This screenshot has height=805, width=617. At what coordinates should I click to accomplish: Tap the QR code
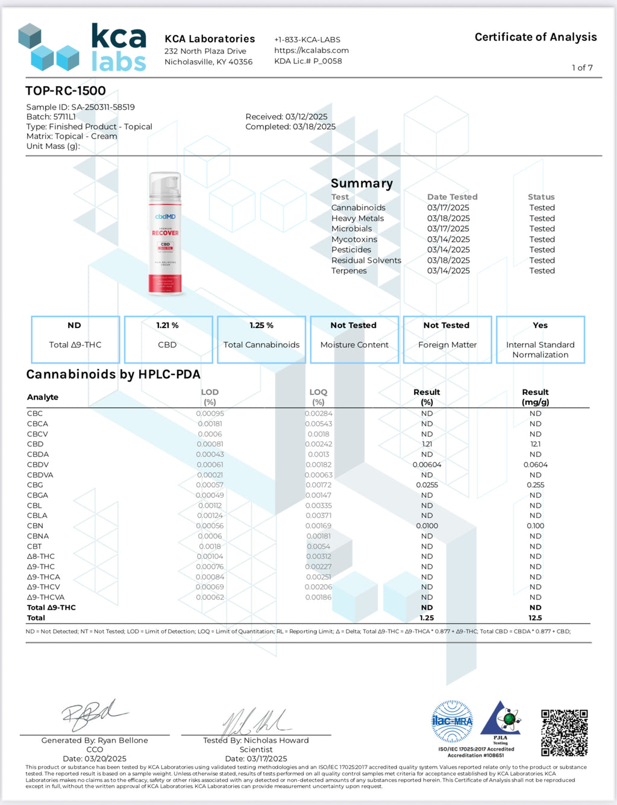pyautogui.click(x=564, y=732)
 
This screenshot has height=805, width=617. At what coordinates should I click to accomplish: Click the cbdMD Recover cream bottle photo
pyautogui.click(x=165, y=233)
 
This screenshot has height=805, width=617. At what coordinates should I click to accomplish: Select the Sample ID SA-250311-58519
pyautogui.click(x=102, y=107)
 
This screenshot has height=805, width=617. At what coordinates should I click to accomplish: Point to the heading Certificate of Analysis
pyautogui.click(x=536, y=37)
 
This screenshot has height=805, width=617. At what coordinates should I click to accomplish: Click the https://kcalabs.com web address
pyautogui.click(x=312, y=50)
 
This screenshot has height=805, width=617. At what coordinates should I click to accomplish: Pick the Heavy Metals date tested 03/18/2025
pyautogui.click(x=448, y=218)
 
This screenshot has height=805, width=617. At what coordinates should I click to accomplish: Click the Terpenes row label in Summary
pyautogui.click(x=349, y=271)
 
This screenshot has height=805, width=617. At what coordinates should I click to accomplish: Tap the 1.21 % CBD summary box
pyautogui.click(x=168, y=339)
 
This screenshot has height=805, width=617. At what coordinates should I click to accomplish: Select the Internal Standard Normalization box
pyautogui.click(x=540, y=339)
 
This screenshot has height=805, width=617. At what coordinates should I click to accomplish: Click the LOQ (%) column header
pyautogui.click(x=318, y=397)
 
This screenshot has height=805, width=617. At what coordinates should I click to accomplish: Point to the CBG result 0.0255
pyautogui.click(x=427, y=485)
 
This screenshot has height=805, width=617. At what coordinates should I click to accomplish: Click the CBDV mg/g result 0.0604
pyautogui.click(x=535, y=465)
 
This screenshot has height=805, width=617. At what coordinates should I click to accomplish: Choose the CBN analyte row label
pyautogui.click(x=35, y=526)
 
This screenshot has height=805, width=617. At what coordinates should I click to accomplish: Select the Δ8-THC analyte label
pyautogui.click(x=41, y=557)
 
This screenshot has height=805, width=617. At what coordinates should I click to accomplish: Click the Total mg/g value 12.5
pyautogui.click(x=535, y=618)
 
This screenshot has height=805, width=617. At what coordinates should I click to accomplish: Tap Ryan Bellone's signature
pyautogui.click(x=93, y=716)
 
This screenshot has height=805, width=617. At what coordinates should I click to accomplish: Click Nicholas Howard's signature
pyautogui.click(x=255, y=721)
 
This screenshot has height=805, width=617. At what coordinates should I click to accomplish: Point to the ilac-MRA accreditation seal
pyautogui.click(x=452, y=721)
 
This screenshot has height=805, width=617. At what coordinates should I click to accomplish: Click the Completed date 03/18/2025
pyautogui.click(x=313, y=127)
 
